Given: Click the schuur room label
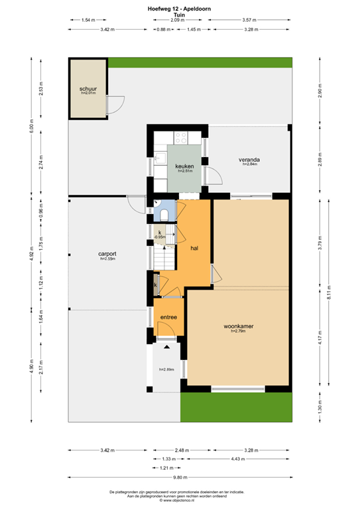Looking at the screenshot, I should pos(88,88).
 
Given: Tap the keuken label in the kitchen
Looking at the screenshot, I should pos(184,166).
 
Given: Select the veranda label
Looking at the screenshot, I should pos(249,160).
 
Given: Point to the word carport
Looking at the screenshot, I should pos(107,254).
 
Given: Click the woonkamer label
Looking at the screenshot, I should pos(239,327).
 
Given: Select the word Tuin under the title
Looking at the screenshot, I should pos(179,13).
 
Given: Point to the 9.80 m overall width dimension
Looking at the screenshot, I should pos(179,477).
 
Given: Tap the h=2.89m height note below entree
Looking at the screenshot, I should pos(166,369).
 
